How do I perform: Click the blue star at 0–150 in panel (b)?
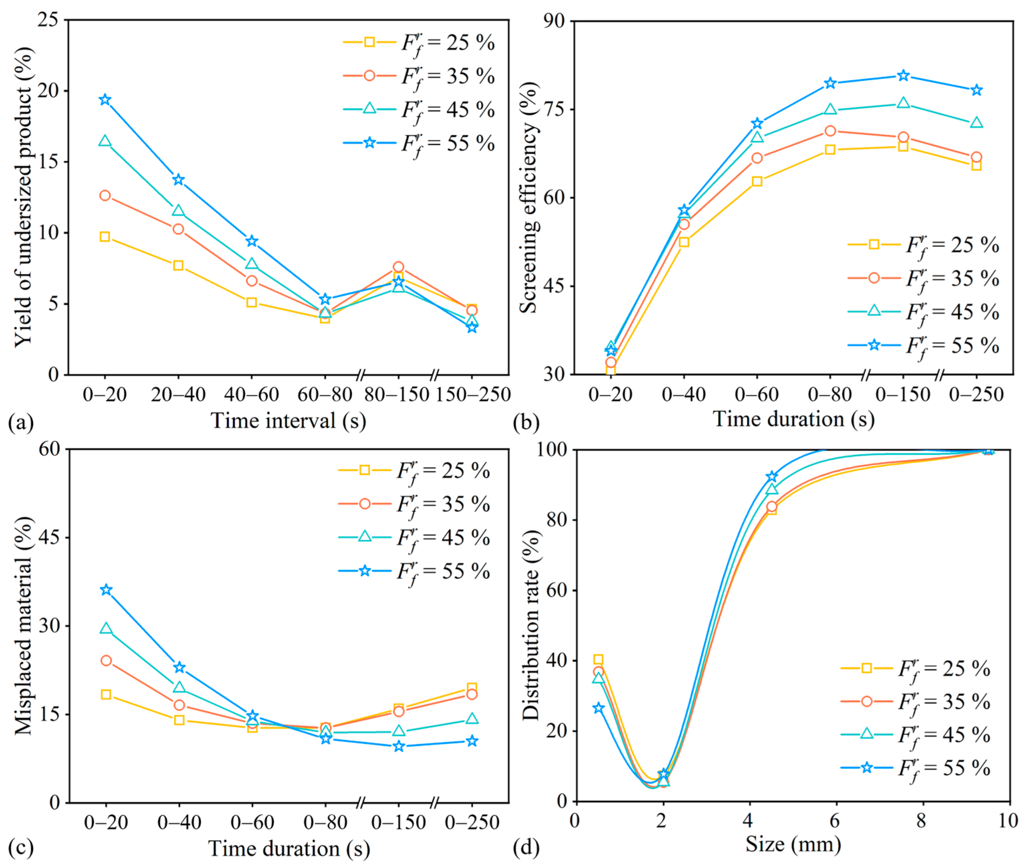coord(903,76)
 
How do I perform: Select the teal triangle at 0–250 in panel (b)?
coord(976,122)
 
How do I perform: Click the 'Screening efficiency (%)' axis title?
coord(529,197)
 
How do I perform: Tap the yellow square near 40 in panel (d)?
coord(598,659)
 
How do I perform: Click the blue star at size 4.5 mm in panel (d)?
coord(771,476)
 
